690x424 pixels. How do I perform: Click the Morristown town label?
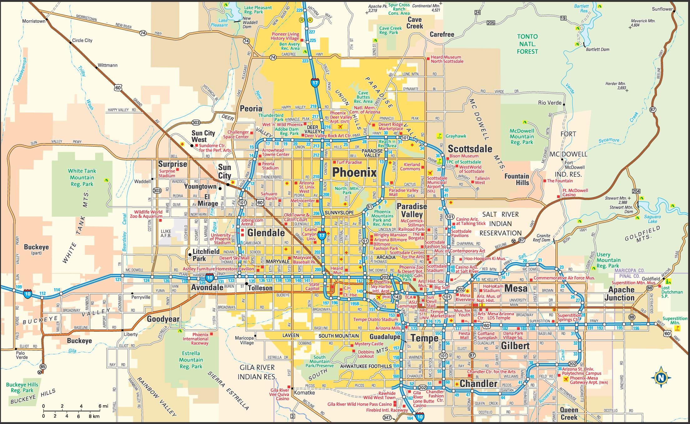(x=33, y=21)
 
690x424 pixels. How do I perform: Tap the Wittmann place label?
(x=108, y=65)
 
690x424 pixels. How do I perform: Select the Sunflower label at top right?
(x=662, y=9)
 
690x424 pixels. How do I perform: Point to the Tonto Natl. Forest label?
(x=527, y=44)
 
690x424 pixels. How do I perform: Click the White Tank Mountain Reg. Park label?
(x=82, y=177)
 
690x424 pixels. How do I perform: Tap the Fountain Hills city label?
(x=517, y=179)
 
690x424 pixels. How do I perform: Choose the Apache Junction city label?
(x=621, y=294)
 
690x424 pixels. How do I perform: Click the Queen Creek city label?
(x=569, y=413)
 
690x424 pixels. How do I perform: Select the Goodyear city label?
(x=163, y=319)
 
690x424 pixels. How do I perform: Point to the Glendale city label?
(x=266, y=233)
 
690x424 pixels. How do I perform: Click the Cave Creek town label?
(x=415, y=23)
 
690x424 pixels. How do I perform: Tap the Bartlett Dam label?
(x=597, y=49)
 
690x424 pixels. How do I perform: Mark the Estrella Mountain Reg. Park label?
(x=191, y=360)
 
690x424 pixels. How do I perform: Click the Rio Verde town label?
(x=549, y=103)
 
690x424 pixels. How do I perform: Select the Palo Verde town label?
(x=22, y=355)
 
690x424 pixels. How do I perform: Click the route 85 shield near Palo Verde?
(x=43, y=366)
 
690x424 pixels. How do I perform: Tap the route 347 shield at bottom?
(x=387, y=417)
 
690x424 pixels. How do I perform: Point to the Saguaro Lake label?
(x=652, y=219)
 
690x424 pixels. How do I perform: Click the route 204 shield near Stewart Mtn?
(x=636, y=191)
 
